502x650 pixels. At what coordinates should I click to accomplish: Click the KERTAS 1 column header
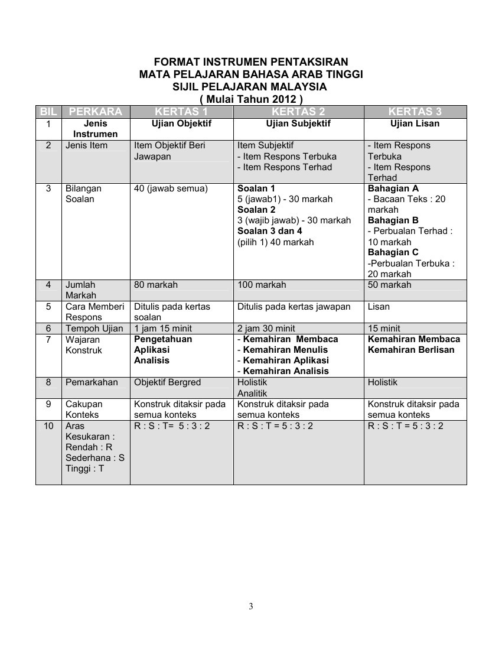181,112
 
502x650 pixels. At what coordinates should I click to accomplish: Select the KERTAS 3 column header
415,112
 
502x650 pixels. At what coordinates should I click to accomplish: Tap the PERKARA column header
96,112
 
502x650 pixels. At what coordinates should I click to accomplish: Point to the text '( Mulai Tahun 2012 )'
251,99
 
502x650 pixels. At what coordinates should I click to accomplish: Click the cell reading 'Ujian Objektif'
181,124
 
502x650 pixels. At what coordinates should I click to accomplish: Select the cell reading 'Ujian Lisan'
415,124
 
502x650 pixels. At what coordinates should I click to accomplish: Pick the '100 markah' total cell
262,285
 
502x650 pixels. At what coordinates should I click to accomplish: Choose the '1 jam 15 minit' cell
163,329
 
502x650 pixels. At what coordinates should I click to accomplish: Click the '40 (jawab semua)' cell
171,188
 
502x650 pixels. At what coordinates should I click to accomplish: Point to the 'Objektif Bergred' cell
168,382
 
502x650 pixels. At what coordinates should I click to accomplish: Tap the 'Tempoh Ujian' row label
94,329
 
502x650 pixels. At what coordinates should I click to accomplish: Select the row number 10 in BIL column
48,426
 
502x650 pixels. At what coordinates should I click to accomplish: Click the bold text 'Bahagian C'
393,252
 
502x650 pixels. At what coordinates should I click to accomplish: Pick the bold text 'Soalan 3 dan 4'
269,231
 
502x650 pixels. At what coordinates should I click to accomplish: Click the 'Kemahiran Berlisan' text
411,350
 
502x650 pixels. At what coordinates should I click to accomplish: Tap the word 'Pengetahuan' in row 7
163,339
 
